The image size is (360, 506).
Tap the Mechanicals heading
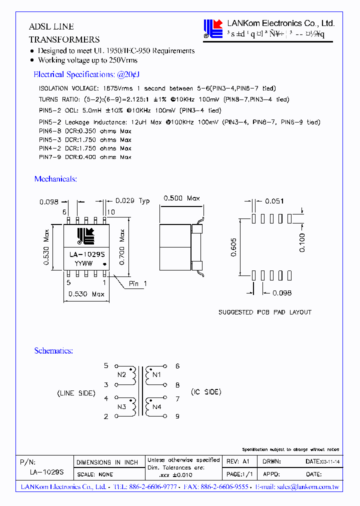click(55, 179)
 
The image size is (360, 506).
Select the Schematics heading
click(53, 351)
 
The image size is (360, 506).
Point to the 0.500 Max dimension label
click(181, 198)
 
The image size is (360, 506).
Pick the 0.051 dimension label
click(274, 201)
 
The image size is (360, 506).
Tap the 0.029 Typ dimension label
click(132, 201)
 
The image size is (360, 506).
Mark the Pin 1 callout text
click(138, 283)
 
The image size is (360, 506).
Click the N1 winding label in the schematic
click(156, 374)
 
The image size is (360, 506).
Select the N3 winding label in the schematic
click(121, 407)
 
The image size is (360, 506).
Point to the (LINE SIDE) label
click(76, 393)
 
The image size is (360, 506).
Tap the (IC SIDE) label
click(205, 392)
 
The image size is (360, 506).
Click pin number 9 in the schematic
click(177, 416)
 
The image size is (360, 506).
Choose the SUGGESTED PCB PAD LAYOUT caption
click(264, 312)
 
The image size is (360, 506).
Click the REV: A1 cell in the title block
click(238, 461)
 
